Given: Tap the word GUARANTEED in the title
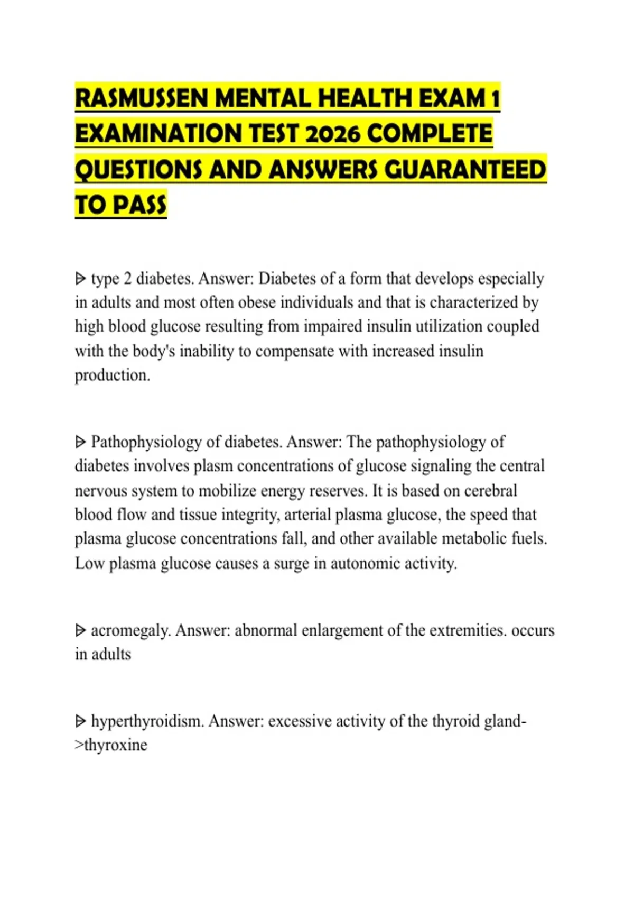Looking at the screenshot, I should [x=465, y=170].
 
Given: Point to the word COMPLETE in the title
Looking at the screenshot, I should [x=430, y=134].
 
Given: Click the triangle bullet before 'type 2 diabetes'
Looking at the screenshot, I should [x=80, y=278].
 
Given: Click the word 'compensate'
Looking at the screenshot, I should [x=295, y=351].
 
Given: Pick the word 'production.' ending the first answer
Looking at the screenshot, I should [x=113, y=375].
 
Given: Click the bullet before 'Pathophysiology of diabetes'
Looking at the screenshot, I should [x=80, y=442].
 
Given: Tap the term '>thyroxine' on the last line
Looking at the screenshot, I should [x=111, y=745].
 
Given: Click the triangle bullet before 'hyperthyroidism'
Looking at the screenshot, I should [x=80, y=721].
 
